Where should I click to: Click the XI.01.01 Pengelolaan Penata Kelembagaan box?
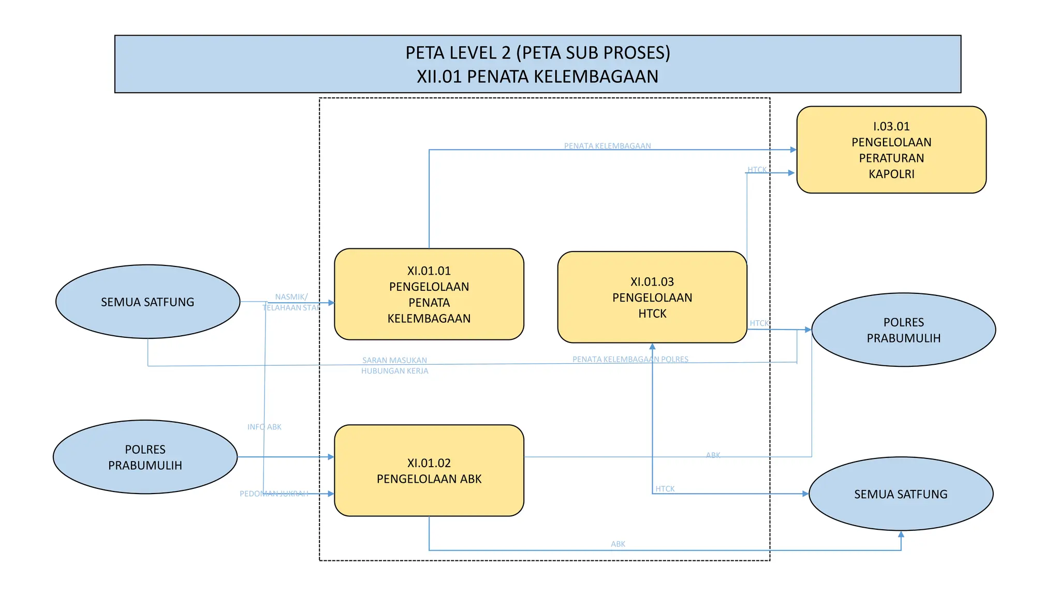429,294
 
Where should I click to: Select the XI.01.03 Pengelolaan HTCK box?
652,297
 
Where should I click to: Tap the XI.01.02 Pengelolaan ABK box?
429,470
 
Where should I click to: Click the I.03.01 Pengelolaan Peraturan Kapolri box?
891,150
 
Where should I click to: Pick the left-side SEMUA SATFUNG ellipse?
148,302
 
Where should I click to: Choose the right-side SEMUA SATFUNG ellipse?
901,494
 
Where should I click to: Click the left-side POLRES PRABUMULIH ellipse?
145,457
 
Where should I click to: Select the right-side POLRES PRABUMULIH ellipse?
903,330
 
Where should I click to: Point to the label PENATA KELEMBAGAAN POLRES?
630,359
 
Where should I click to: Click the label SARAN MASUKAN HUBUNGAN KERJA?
394,365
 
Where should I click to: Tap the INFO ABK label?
264,427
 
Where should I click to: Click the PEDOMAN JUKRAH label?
274,494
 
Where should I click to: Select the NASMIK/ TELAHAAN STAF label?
291,302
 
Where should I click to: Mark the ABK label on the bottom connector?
617,544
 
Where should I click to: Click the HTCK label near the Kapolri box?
757,170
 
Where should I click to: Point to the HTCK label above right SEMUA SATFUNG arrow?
665,488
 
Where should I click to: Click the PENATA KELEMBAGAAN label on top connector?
607,146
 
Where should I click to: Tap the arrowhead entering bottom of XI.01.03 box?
652,347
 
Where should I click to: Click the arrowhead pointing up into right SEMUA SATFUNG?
901,534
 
